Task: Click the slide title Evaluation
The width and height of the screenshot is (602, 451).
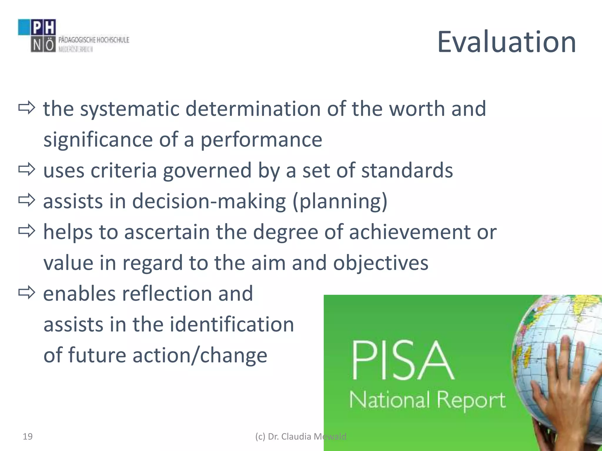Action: (506, 42)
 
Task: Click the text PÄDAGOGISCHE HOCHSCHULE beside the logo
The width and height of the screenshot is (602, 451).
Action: (94, 40)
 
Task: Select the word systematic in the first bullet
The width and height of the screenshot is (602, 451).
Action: (130, 109)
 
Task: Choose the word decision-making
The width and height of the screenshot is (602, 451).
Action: (209, 201)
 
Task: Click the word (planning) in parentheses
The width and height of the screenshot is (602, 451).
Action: (340, 201)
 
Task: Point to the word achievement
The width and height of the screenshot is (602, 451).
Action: (410, 232)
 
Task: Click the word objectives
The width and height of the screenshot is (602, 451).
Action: (380, 263)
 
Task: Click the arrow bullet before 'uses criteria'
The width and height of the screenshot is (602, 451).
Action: (26, 170)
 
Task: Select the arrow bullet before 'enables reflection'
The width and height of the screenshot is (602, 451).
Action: (26, 293)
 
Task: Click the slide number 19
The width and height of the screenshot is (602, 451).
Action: (28, 437)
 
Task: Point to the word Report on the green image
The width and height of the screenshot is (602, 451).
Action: (471, 400)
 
